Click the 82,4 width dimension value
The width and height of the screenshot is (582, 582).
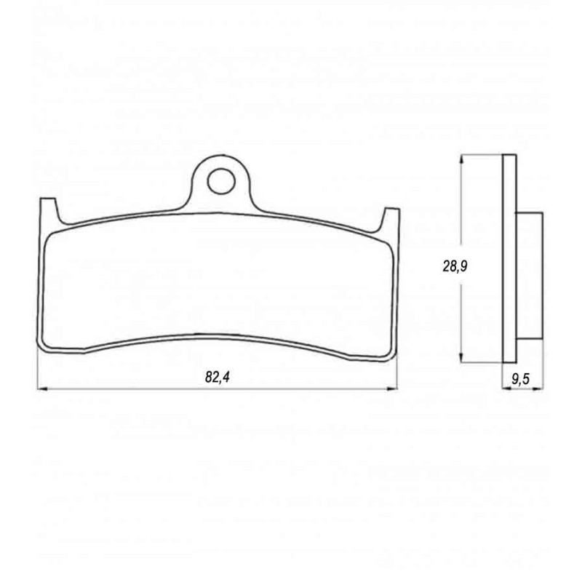tap(218, 377)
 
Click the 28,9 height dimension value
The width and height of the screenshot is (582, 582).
tap(455, 266)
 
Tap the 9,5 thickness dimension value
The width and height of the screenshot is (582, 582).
tap(521, 379)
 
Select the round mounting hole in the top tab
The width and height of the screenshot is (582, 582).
tap(221, 181)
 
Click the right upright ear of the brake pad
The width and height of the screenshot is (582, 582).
tap(391, 220)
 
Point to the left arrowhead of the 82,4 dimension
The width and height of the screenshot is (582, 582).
tap(41, 389)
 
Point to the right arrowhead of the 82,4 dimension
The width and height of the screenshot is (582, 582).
tap(393, 389)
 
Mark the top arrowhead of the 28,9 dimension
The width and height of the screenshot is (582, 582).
tap(461, 159)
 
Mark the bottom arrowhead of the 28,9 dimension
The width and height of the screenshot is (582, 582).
tap(461, 357)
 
